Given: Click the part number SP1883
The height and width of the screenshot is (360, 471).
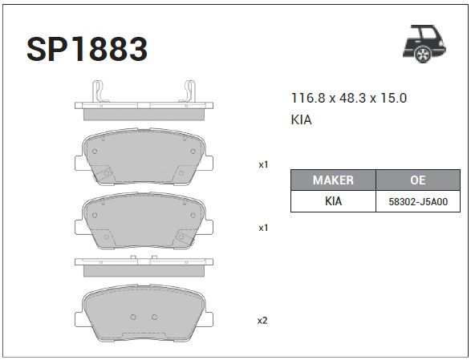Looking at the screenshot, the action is point(87,49).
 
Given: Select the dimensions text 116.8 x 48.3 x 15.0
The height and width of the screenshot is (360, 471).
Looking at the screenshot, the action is point(349,98).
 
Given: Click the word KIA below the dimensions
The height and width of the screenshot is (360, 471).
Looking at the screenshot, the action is point(301,119).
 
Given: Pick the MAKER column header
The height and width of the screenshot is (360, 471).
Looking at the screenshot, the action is point(333,180).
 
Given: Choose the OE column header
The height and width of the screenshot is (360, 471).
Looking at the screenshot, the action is point(418,180).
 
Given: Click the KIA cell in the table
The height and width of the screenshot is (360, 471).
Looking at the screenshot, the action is point(333,201).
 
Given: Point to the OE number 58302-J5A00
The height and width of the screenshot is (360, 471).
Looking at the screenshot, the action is point(418,202).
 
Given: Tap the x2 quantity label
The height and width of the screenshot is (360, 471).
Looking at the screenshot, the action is point(262,321).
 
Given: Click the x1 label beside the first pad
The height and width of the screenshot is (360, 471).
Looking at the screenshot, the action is point(263,165).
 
